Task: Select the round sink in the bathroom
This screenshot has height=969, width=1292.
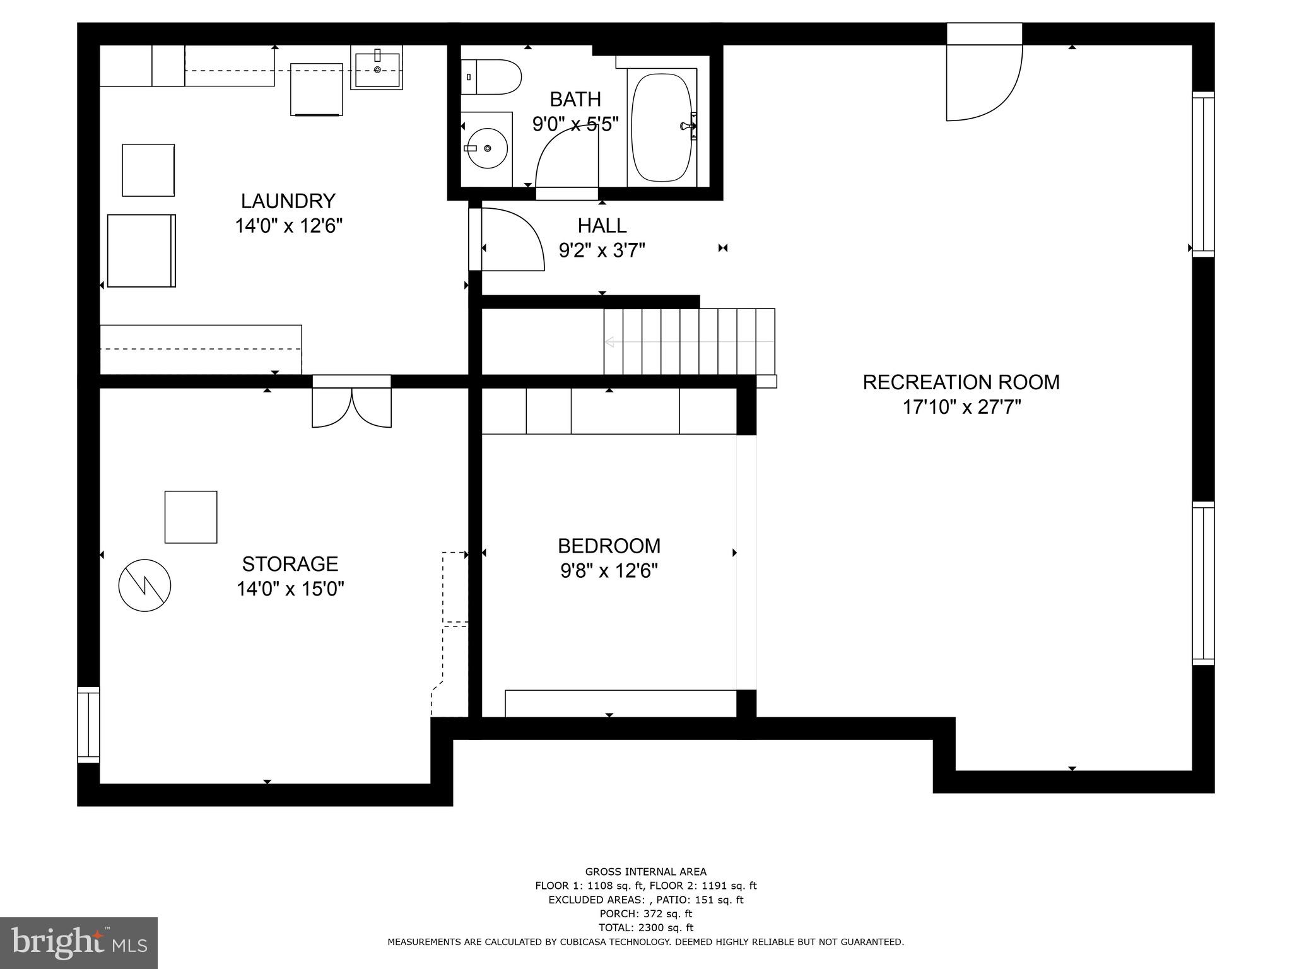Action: coord(487,148)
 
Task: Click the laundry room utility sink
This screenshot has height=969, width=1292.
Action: coord(377,70)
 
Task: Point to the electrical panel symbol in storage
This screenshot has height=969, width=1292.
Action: coord(145,585)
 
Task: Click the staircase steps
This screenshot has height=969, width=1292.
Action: coord(689,341)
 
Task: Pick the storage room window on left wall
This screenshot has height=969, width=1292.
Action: coord(88,725)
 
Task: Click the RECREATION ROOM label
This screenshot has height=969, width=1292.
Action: coord(961,382)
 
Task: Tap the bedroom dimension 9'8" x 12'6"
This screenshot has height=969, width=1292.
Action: coord(609,571)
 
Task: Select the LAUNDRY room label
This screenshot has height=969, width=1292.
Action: coord(288,201)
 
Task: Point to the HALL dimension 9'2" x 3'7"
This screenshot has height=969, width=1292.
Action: coord(602,251)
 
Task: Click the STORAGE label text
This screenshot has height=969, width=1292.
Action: coord(290,563)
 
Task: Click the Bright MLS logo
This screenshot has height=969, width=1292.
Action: coord(79,943)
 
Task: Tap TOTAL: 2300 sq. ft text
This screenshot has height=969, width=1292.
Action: coord(645,927)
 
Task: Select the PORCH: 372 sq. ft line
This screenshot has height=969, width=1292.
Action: coord(645,913)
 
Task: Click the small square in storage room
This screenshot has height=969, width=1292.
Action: coord(191,517)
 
